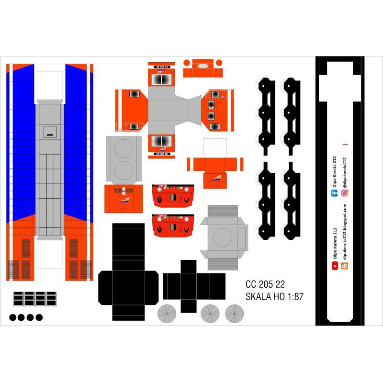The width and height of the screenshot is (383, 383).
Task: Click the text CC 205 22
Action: pyautogui.click(x=265, y=283)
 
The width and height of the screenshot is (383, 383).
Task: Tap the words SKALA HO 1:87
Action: pyautogui.click(x=274, y=296)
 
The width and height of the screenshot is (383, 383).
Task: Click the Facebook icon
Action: pyautogui.click(x=334, y=193)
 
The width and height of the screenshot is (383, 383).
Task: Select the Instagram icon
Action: pyautogui.click(x=344, y=193)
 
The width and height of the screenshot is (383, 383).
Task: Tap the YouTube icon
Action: pyautogui.click(x=334, y=265)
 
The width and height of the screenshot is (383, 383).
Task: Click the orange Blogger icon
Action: pyautogui.click(x=344, y=265)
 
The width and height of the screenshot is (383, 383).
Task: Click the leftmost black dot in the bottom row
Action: pyautogui.click(x=13, y=317)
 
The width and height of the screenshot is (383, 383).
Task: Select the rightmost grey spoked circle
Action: pyautogui.click(x=235, y=313)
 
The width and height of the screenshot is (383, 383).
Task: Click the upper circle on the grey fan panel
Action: pyautogui.click(x=124, y=149)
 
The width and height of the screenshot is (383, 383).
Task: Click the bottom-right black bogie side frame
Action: pyautogui.click(x=291, y=200)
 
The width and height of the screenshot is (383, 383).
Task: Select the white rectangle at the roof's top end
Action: pyautogui.click(x=50, y=86)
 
